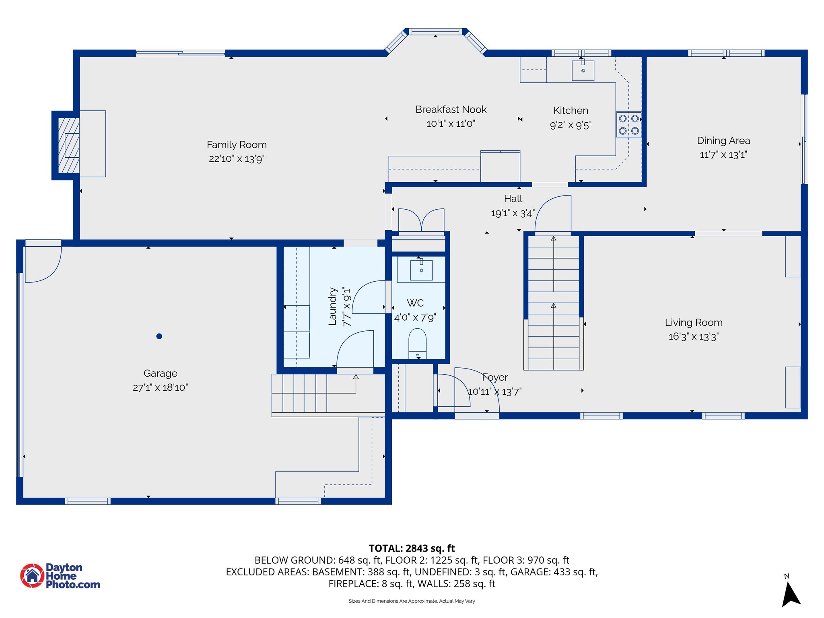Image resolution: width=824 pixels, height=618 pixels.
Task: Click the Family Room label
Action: (x=237, y=144)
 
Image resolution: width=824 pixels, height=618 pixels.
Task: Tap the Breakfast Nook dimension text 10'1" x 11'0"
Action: (x=451, y=124)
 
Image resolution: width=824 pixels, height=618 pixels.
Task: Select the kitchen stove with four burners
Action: (x=628, y=125)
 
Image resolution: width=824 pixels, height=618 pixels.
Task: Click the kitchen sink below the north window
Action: (x=583, y=70)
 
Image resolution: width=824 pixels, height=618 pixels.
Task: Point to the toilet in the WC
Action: (x=417, y=343)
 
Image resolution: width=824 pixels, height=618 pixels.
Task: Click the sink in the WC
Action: (x=421, y=270)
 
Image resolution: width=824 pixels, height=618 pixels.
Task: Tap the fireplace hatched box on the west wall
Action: (x=69, y=145)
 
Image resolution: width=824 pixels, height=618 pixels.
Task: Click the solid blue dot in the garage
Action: (x=159, y=336)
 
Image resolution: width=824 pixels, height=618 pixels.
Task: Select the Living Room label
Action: (x=694, y=322)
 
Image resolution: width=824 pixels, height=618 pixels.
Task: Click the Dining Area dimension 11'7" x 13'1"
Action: (x=723, y=154)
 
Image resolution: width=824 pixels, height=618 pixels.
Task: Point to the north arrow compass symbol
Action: (x=790, y=593)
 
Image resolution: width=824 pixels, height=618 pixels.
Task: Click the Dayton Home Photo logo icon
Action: (x=32, y=575)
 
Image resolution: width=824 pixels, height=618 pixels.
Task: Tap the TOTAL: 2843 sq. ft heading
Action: (x=412, y=548)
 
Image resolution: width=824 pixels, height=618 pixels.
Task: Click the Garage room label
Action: (x=160, y=373)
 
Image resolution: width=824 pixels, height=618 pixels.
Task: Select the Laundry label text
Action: (x=332, y=306)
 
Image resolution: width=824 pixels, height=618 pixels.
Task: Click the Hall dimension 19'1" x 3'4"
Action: (x=513, y=213)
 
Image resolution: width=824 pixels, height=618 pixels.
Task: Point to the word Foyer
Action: (x=495, y=377)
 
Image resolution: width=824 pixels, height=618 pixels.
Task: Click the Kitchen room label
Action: (x=571, y=110)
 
